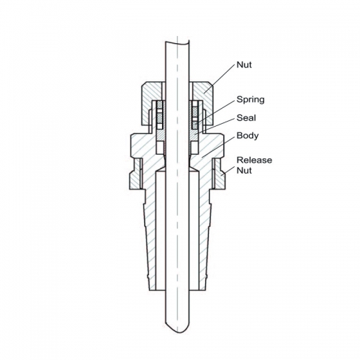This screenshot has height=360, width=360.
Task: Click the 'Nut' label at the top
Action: point(244,65)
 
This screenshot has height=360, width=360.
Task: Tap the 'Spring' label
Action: point(251,99)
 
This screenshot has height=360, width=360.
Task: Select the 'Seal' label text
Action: point(246,118)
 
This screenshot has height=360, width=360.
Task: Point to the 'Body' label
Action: point(248,135)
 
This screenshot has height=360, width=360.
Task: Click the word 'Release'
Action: point(254,160)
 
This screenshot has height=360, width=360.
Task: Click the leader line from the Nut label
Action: point(219,78)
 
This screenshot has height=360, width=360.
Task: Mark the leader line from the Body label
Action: point(217,146)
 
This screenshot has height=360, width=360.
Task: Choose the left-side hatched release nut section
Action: point(135,174)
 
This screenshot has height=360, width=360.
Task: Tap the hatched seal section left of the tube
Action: point(161,136)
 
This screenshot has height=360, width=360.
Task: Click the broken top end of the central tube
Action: point(177,42)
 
